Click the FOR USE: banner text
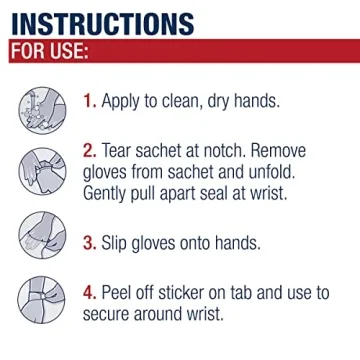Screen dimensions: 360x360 click(50, 51)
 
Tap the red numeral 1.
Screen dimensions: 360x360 click(88, 101)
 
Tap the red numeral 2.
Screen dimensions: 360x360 click(89, 150)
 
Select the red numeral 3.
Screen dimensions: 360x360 click(89, 242)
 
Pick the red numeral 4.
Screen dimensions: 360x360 click(89, 293)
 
